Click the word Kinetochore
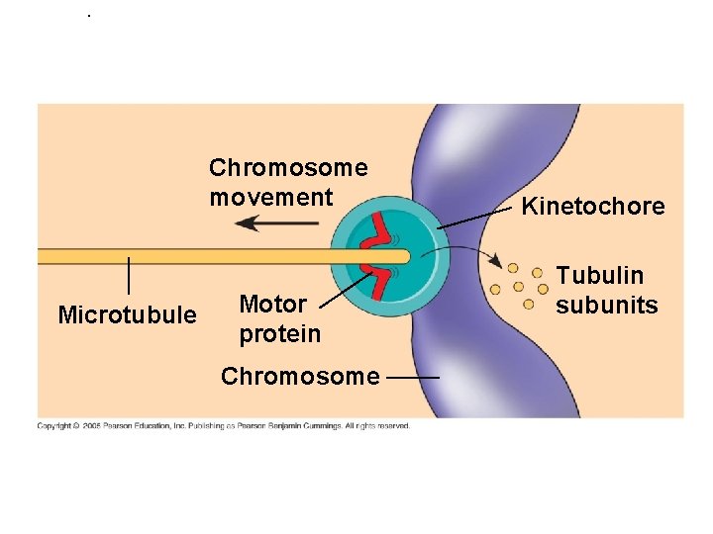(593, 207)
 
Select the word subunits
(607, 306)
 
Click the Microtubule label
(128, 315)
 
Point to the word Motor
(273, 304)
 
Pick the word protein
(280, 334)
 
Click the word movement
(271, 198)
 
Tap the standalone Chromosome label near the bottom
(300, 377)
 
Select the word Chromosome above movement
(288, 168)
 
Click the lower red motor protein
(377, 280)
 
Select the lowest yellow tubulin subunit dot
(528, 304)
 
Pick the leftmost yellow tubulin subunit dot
(499, 287)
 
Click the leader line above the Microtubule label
(130, 275)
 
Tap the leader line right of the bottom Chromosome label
(414, 378)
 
